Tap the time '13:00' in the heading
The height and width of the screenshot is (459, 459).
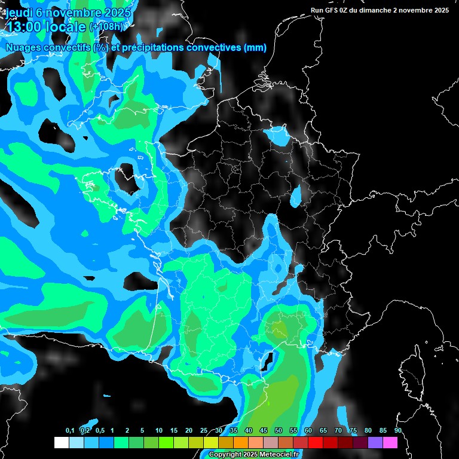tap(25, 27)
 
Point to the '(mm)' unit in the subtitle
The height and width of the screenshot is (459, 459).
tap(255, 47)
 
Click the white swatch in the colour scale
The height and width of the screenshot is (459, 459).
tap(61, 442)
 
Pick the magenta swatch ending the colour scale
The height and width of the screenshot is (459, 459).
tap(390, 442)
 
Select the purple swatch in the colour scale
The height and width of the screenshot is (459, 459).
tap(375, 442)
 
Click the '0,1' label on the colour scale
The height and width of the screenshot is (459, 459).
tap(69, 431)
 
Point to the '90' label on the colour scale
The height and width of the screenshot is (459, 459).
tap(397, 431)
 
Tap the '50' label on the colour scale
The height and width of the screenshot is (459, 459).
tap(279, 431)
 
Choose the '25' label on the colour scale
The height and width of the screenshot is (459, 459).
tap(204, 431)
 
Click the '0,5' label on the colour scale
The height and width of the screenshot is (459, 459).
tap(99, 431)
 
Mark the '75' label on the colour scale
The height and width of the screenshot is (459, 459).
tap(353, 431)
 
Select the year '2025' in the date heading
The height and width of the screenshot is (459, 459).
tap(113, 13)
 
